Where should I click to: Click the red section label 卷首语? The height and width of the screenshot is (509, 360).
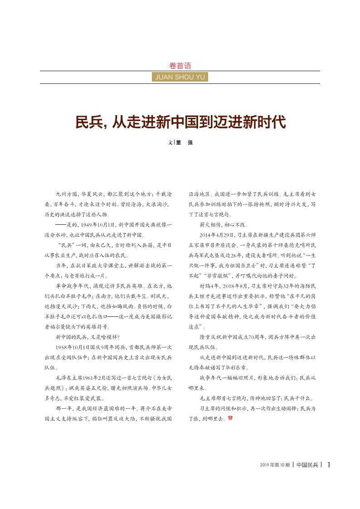coord(180,65)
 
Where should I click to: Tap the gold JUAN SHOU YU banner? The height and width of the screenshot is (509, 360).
coord(180,77)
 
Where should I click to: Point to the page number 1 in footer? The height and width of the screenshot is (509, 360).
coord(329,465)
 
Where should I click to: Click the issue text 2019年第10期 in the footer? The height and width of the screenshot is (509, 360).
coord(275,465)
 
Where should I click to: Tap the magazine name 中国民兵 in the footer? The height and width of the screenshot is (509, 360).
coord(307,465)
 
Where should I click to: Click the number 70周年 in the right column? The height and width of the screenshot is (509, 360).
coord(263,338)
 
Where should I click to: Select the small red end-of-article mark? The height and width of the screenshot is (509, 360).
coord(230,417)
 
